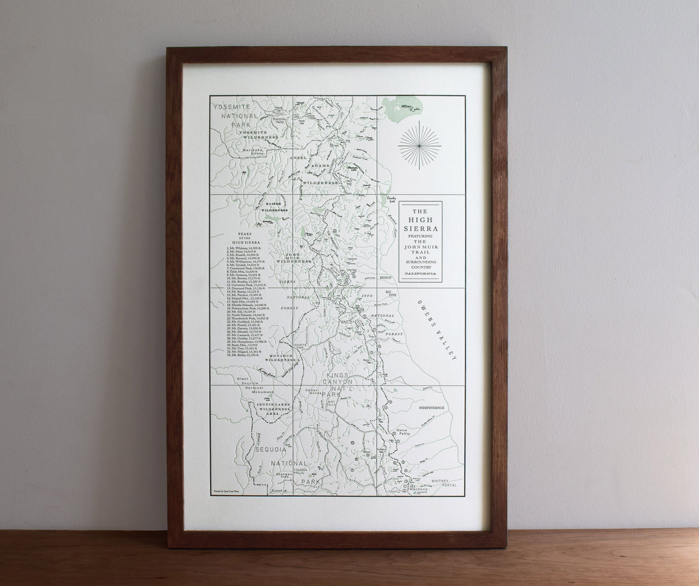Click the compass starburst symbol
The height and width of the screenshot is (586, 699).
[x=419, y=145]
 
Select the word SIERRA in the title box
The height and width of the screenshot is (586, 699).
[x=420, y=228]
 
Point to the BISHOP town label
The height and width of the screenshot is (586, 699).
[x=386, y=278]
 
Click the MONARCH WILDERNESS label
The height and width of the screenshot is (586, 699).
[x=281, y=358]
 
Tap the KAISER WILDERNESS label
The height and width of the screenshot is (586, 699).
[x=274, y=207]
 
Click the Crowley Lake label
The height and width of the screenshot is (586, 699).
[x=391, y=199]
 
